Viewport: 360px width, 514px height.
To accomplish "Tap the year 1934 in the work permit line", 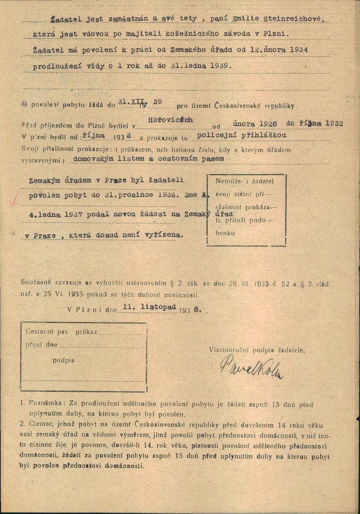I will click(x=297, y=50).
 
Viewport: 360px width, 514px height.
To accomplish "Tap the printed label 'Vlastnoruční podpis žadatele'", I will click(x=256, y=349).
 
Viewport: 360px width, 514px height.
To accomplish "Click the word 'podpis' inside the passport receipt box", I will click(x=63, y=360).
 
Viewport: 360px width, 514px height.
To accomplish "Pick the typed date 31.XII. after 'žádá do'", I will click(x=130, y=102).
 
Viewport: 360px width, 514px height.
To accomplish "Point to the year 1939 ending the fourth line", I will click(x=219, y=65).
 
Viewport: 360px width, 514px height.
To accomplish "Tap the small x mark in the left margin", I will click(x=13, y=233).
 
